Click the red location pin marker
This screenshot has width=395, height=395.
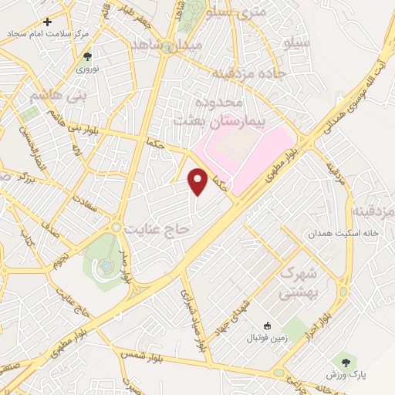[199, 181]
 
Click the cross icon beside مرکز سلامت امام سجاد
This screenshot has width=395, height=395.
[48, 22]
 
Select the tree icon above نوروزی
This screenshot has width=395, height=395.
[86, 56]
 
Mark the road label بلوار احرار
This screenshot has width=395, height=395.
[329, 309]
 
